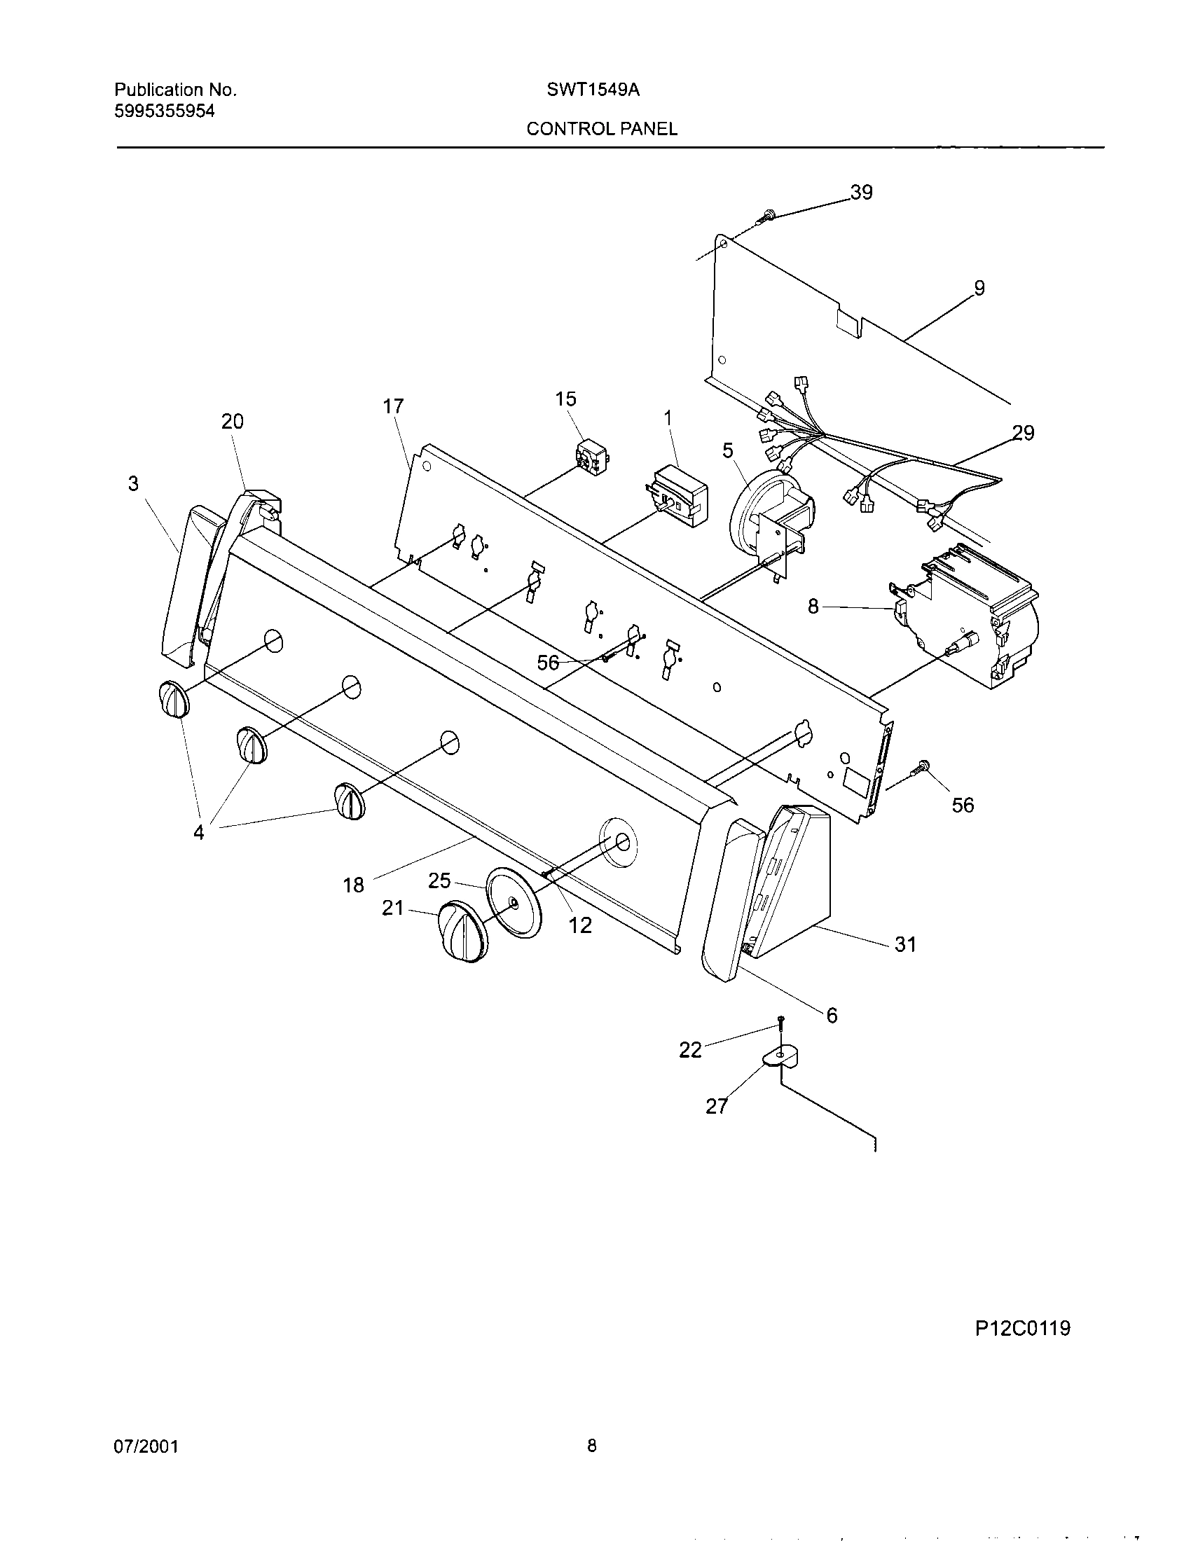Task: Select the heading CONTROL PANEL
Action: pyautogui.click(x=602, y=129)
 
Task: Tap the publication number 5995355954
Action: pyautogui.click(x=165, y=111)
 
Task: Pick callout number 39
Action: pyautogui.click(x=861, y=192)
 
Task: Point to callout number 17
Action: pyautogui.click(x=393, y=406)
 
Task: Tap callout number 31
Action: pyautogui.click(x=905, y=944)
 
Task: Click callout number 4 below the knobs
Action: pyautogui.click(x=199, y=833)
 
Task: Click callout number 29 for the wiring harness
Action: pyautogui.click(x=1023, y=432)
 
